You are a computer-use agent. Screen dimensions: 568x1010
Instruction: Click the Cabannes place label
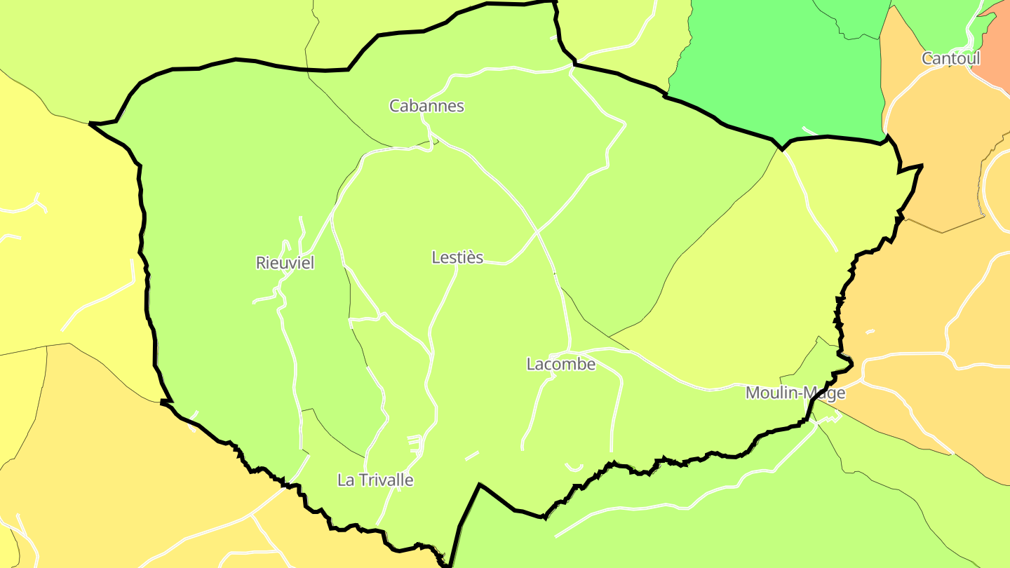(x=426, y=106)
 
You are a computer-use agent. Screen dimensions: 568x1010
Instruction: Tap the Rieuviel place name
(x=285, y=263)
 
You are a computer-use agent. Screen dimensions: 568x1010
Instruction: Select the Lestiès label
(x=457, y=257)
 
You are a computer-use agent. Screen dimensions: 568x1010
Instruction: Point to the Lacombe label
(x=560, y=364)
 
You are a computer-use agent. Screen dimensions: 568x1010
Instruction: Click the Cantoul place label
(x=950, y=58)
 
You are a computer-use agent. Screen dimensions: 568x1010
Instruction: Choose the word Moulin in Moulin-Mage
(x=772, y=393)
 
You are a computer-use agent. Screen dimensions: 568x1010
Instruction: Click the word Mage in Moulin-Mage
(x=828, y=393)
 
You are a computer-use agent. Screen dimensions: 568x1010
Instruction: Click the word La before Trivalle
(x=346, y=480)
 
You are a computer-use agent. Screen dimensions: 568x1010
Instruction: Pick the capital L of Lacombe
(x=531, y=364)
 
